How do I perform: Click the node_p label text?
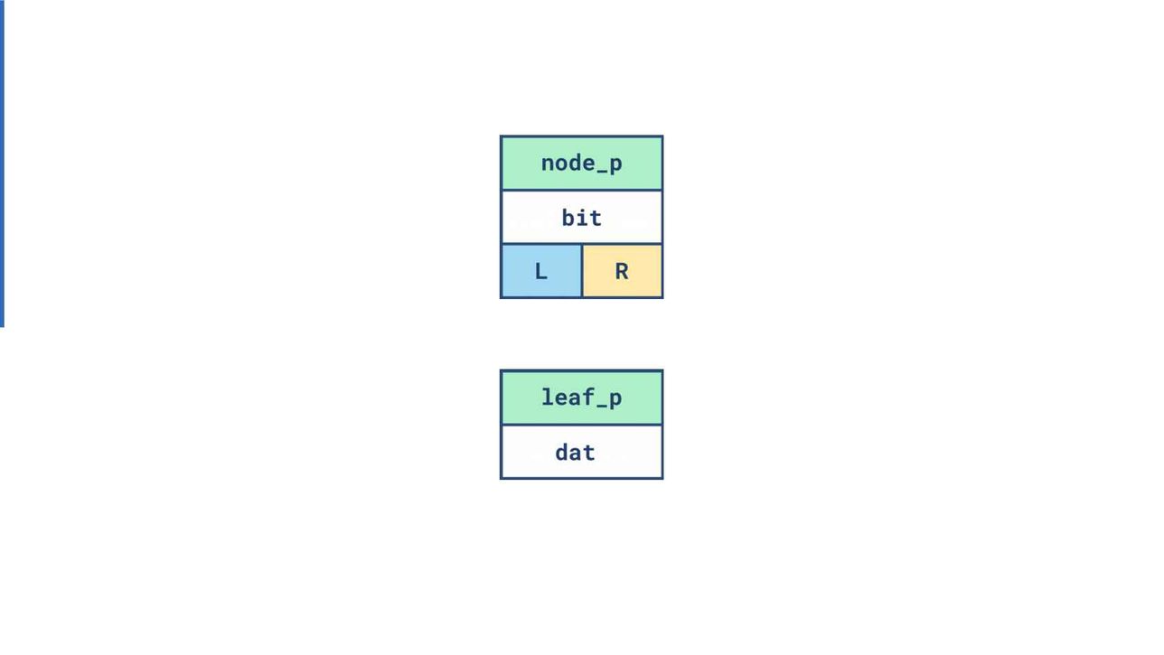point(581,164)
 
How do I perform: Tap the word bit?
point(581,218)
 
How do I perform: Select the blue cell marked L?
point(541,271)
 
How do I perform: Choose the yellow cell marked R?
point(622,271)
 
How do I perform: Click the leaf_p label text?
point(581,398)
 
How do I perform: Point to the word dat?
point(575,453)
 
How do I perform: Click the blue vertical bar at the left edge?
point(2,164)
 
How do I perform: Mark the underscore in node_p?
point(602,172)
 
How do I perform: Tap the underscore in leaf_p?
point(602,407)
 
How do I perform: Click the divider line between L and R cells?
point(582,271)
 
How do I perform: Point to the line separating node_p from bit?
point(581,190)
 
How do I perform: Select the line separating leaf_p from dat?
point(581,425)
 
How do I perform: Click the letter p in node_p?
point(615,166)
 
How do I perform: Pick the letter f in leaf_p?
point(588,397)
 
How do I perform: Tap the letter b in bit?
point(568,218)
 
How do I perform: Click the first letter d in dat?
point(561,453)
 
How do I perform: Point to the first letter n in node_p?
point(548,164)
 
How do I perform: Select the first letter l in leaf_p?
point(548,397)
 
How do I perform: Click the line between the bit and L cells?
point(541,244)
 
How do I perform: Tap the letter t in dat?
point(588,453)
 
